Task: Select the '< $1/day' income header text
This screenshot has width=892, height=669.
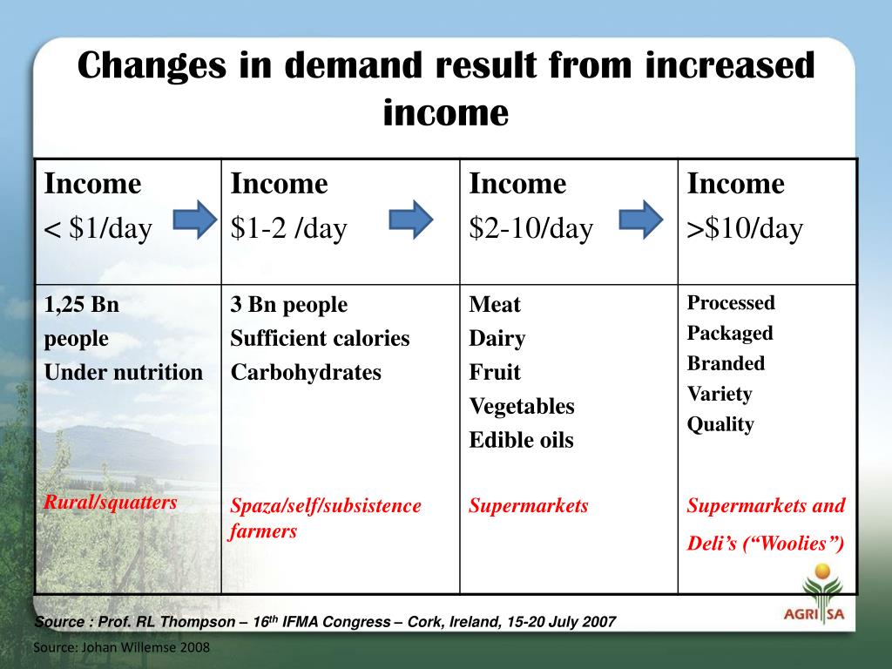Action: point(98,229)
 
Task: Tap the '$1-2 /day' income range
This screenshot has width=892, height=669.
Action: point(288,229)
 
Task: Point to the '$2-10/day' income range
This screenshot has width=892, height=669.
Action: point(530,229)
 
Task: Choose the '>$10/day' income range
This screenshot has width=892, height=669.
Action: point(745,229)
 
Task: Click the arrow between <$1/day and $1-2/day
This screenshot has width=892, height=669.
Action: point(195,219)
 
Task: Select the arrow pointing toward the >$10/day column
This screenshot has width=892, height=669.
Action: point(641,219)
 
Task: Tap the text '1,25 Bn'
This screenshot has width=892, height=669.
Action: point(81,305)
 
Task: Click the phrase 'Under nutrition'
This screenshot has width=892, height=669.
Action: point(123,373)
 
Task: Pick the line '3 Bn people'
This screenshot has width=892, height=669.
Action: point(288,305)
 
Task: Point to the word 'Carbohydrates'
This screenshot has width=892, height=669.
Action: point(306,373)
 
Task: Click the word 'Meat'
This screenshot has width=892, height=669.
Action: point(494,305)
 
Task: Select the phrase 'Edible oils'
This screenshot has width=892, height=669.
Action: point(521,441)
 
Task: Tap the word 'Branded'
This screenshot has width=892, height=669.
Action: point(726,363)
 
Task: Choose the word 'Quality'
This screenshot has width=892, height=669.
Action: point(720,425)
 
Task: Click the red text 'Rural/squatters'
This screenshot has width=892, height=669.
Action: point(111,502)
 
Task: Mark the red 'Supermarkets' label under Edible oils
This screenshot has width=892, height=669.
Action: point(528,505)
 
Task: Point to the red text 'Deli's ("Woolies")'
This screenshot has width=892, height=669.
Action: point(766,544)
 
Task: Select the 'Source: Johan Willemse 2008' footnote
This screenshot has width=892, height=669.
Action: point(121,648)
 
